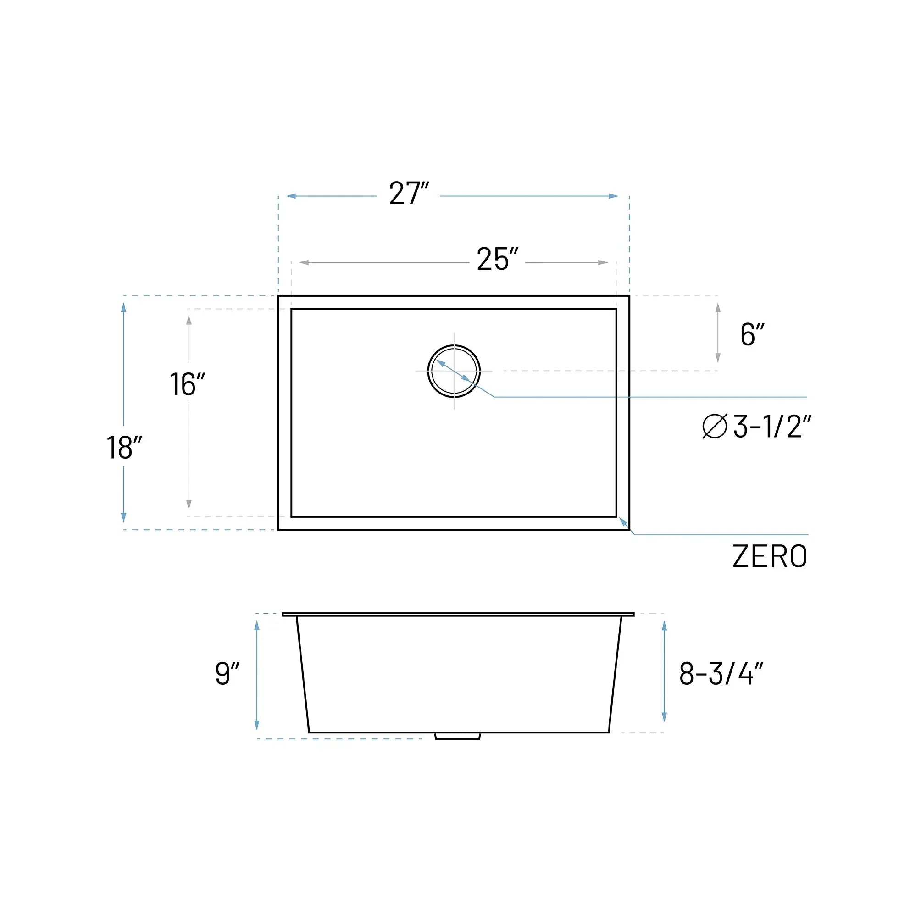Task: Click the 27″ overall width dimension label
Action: tap(408, 194)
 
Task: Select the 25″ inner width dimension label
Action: tap(497, 260)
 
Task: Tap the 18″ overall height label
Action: tap(124, 448)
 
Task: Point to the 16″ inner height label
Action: tap(187, 385)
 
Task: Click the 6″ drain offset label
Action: tap(752, 335)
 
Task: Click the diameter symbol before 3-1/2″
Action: tap(715, 426)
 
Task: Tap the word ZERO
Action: tap(770, 557)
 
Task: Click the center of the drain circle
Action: tap(454, 371)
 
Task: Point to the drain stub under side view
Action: tap(457, 736)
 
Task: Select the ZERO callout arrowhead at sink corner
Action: tap(623, 522)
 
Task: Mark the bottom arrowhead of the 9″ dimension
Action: tap(257, 725)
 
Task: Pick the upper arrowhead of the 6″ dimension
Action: tap(718, 308)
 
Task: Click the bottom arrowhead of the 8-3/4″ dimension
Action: tap(664, 717)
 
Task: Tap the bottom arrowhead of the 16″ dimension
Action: tap(189, 505)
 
